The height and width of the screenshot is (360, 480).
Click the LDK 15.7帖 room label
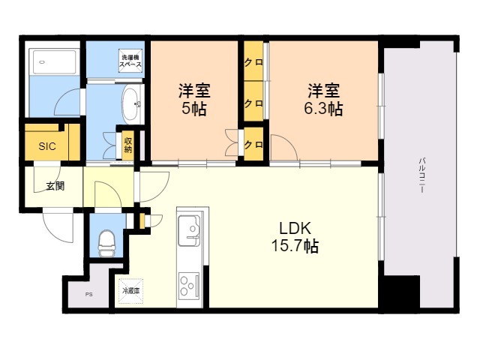coord(295,236)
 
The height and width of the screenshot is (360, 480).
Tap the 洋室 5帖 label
coord(194,100)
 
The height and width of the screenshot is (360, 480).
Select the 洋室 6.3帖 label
coord(323,100)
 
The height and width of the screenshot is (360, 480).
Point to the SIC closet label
coord(47,146)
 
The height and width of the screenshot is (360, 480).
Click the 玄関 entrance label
coord(55,186)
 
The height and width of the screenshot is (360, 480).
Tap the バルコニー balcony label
coord(422,175)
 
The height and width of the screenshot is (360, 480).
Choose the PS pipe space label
coord(88,295)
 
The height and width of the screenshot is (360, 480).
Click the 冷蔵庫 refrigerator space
coord(130,291)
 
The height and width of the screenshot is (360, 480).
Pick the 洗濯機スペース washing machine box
coord(130,61)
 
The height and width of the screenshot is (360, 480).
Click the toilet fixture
coord(106,243)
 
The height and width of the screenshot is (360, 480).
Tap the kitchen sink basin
coord(190,230)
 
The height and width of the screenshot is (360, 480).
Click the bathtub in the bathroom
coord(55,62)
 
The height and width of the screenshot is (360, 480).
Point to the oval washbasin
coord(131,104)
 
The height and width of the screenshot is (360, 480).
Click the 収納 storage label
coord(128,145)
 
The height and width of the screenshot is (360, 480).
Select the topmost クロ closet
coord(253,61)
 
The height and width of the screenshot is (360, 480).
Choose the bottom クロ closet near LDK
coord(253,144)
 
